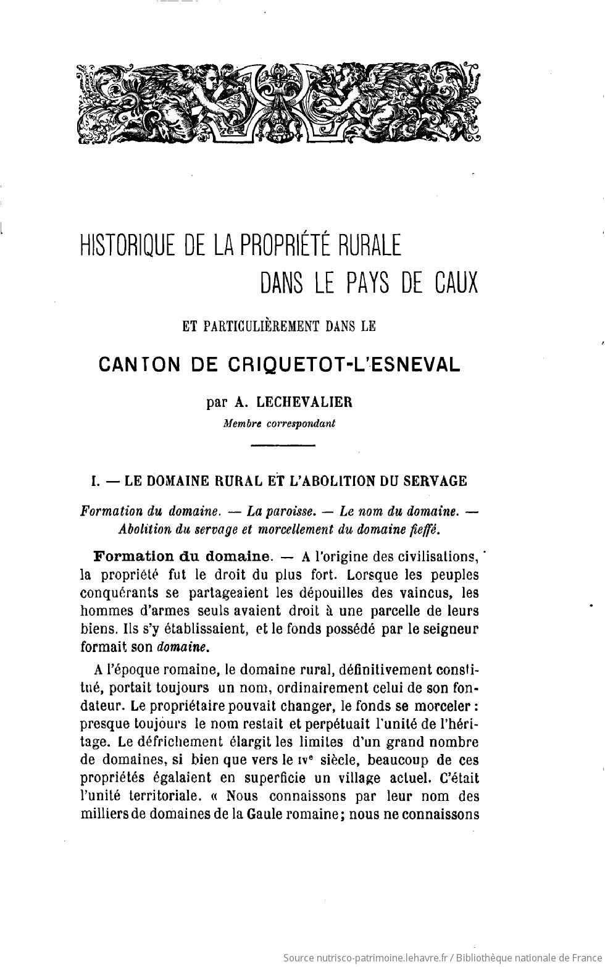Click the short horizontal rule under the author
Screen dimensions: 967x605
(x=283, y=445)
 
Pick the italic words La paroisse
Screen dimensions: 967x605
(x=282, y=511)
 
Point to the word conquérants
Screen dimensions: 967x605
(x=117, y=593)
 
